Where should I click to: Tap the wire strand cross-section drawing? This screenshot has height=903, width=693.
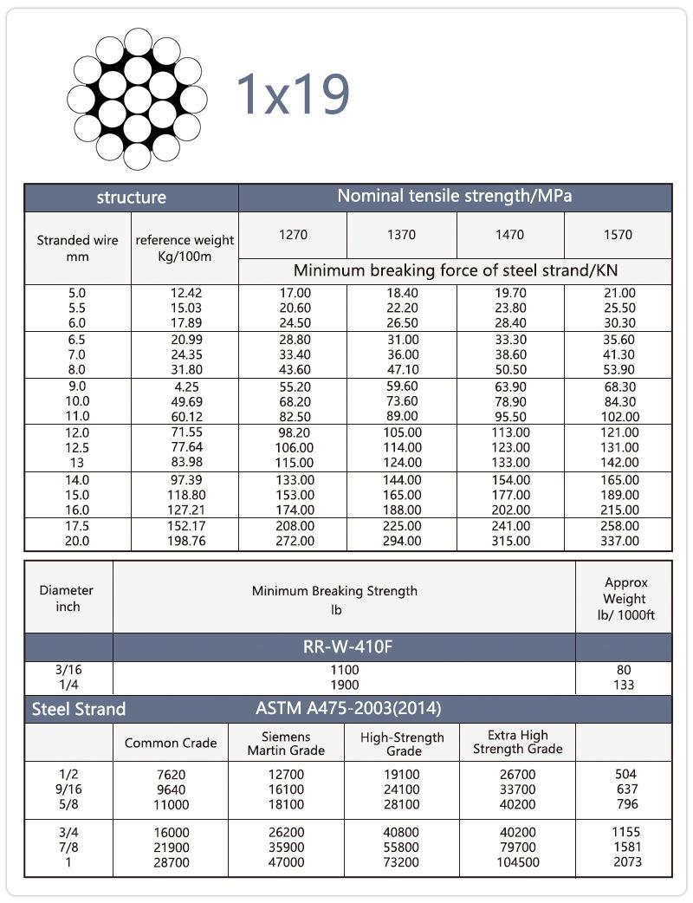[x=137, y=99]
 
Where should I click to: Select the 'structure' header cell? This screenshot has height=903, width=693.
[x=131, y=198]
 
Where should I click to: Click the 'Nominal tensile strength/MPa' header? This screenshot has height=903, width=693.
[x=454, y=196]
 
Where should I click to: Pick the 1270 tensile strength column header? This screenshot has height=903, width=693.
[x=293, y=235]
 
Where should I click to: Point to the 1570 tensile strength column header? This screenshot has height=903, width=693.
[x=618, y=235]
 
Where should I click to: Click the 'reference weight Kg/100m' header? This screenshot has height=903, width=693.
[x=185, y=248]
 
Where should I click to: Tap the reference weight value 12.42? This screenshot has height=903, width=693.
[x=185, y=294]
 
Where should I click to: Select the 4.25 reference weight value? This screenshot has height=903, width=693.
[x=185, y=387]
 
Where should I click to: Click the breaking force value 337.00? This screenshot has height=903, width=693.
[x=619, y=542]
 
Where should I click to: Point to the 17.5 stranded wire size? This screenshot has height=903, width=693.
[x=77, y=526]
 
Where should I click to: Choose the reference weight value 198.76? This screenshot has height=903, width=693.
[x=185, y=542]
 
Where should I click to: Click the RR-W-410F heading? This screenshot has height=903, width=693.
[x=344, y=647]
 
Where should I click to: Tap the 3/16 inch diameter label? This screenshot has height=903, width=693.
[x=68, y=670]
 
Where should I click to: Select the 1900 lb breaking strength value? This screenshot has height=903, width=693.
[x=344, y=685]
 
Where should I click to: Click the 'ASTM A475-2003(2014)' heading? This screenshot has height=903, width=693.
[x=348, y=709]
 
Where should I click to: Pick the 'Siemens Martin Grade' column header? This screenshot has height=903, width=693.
[x=286, y=743]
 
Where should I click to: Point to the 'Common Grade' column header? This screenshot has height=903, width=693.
[x=171, y=743]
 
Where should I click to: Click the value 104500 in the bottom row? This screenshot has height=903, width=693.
[x=518, y=863]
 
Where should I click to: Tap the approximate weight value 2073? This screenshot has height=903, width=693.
[x=624, y=863]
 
